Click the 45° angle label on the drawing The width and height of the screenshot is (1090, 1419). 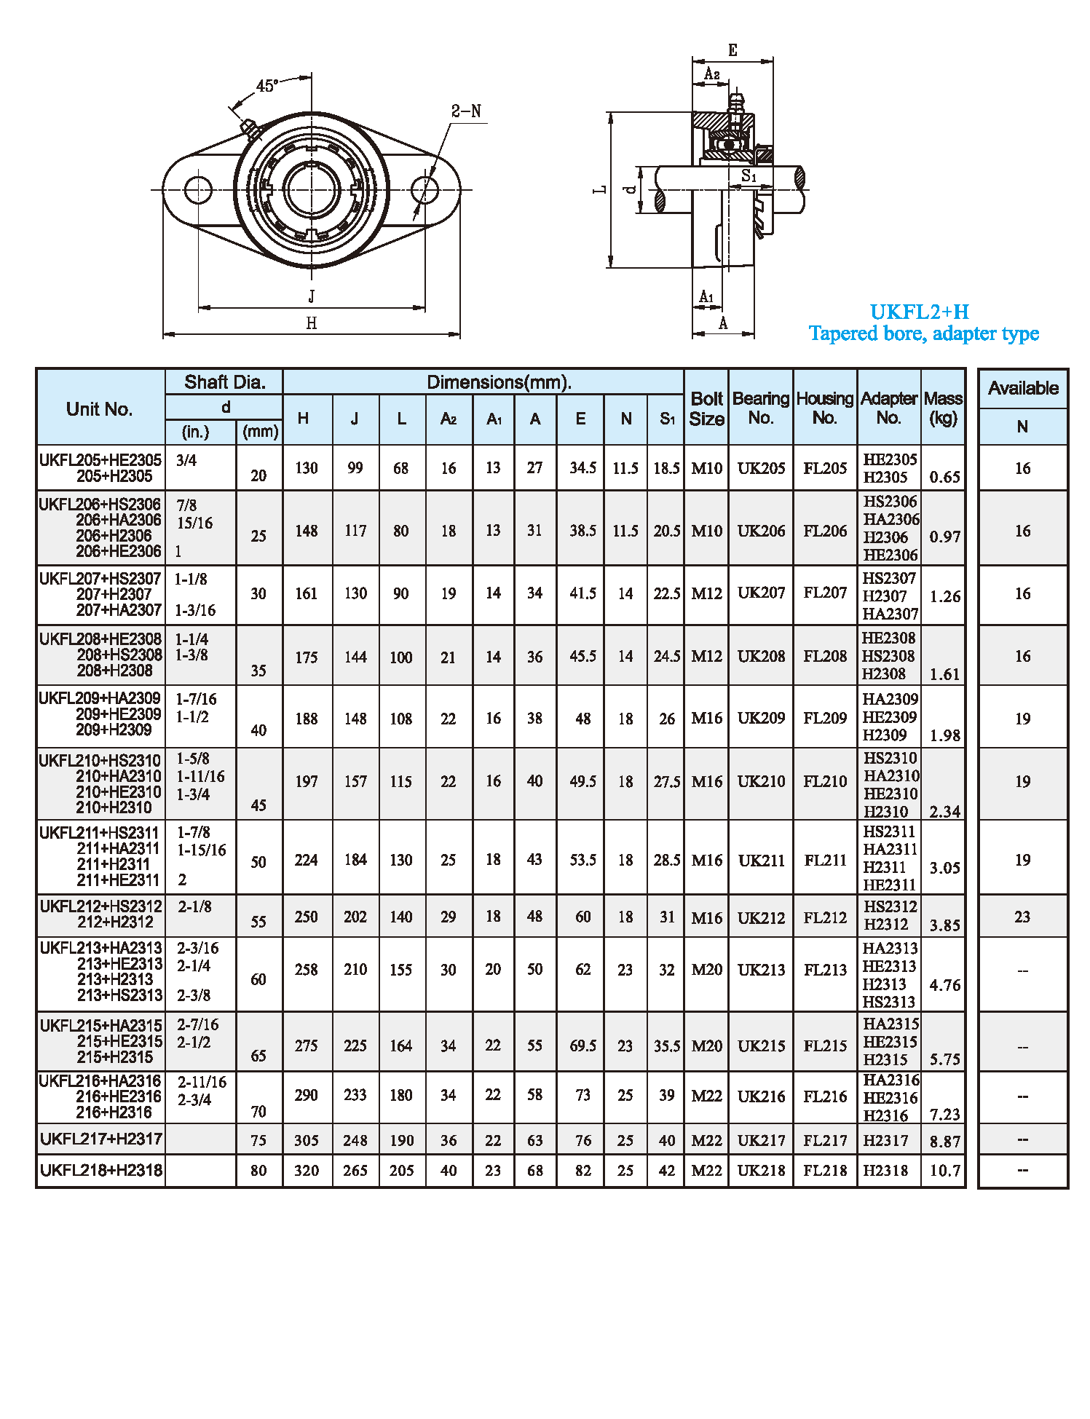coord(266,86)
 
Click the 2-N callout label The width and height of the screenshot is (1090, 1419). coord(466,111)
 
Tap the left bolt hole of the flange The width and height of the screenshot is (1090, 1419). coord(198,190)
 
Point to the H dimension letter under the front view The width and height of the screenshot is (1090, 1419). coord(312,323)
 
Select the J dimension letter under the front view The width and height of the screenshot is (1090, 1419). coord(312,296)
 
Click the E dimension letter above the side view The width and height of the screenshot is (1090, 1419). coord(732,50)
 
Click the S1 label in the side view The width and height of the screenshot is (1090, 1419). coord(749,176)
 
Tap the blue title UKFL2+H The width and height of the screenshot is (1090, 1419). coord(920,312)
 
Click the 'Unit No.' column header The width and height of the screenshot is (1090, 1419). coord(100,409)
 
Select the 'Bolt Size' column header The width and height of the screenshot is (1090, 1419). coord(706,408)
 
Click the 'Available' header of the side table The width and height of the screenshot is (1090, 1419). coord(1023,388)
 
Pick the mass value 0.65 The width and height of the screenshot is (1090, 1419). coord(944,478)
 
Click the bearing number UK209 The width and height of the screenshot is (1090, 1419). coord(761,718)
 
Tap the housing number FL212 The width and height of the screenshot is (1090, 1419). coord(825,917)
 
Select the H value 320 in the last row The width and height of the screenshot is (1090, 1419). coord(307,1171)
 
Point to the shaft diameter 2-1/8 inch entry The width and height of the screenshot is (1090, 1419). coord(194,906)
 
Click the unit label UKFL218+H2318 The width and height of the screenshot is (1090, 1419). coord(101,1171)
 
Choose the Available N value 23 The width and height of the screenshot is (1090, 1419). coord(1022,917)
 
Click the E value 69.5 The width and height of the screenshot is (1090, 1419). coord(582,1046)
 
